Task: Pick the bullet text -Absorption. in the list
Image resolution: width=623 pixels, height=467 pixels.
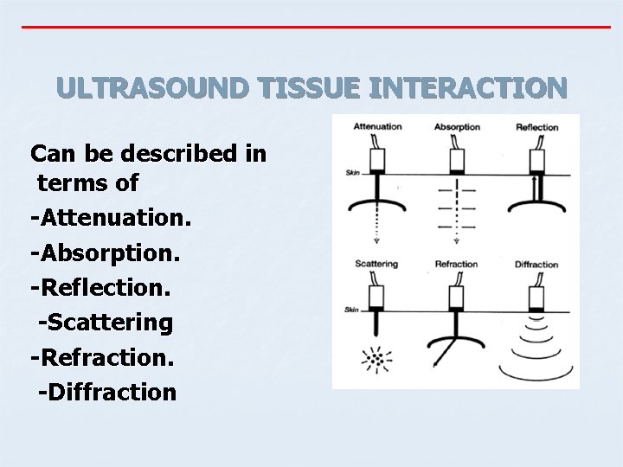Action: [x=104, y=253]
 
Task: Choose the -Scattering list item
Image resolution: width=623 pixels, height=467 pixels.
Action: [x=106, y=323]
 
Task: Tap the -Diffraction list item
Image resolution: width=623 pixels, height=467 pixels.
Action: [x=107, y=392]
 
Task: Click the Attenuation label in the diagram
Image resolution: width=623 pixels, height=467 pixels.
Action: [x=377, y=127]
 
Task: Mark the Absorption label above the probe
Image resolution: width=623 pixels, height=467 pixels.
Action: [x=457, y=127]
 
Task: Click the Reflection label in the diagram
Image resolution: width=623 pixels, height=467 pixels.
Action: [x=536, y=127]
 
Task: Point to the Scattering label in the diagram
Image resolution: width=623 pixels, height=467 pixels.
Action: [x=376, y=264]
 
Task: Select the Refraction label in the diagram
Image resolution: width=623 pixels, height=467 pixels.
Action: [x=456, y=264]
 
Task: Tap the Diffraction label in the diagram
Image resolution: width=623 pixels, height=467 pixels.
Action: [x=536, y=265]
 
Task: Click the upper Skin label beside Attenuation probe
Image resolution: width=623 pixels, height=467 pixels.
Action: [x=352, y=173]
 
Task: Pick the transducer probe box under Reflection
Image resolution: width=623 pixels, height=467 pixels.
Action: [x=537, y=161]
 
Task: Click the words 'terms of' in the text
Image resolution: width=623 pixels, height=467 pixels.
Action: [x=87, y=183]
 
